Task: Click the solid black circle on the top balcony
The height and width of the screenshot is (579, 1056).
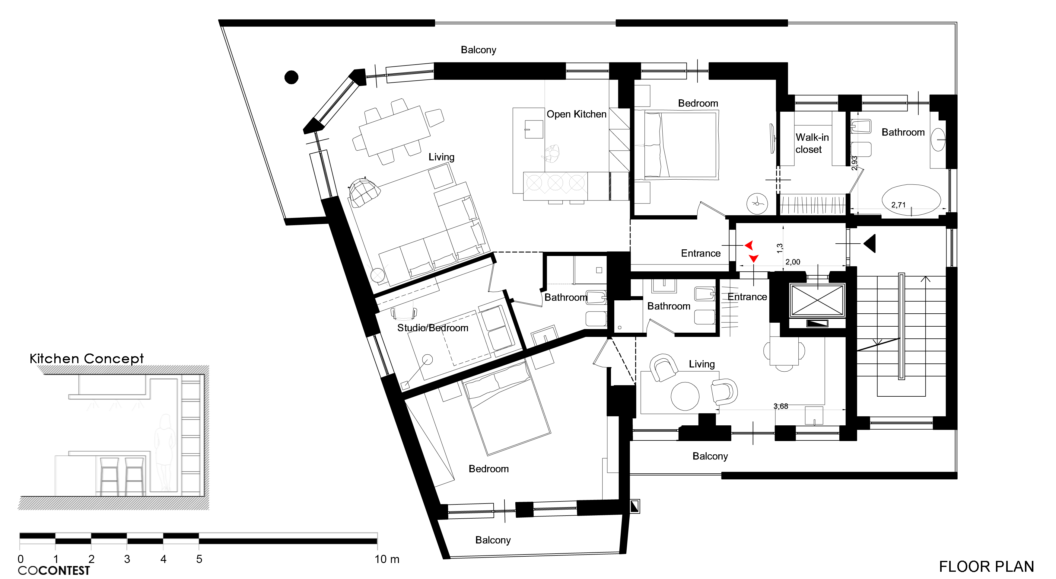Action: click(x=291, y=77)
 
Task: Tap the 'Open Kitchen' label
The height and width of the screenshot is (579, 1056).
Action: click(x=576, y=114)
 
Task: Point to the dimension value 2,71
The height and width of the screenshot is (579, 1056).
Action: click(x=898, y=205)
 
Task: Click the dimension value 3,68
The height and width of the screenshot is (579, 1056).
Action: click(x=781, y=406)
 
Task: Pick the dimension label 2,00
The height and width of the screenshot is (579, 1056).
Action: click(x=792, y=262)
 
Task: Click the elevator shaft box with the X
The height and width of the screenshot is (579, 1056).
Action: click(x=817, y=300)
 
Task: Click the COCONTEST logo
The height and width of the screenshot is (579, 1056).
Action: click(x=54, y=570)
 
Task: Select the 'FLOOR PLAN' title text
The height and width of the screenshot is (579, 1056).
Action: click(x=986, y=566)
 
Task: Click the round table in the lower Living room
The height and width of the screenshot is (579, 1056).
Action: click(x=685, y=396)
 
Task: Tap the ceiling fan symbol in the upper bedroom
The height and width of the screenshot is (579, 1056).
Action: click(x=757, y=203)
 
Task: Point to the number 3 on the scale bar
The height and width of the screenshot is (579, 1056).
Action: click(x=127, y=559)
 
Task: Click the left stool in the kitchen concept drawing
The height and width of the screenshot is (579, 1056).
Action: click(x=109, y=476)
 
